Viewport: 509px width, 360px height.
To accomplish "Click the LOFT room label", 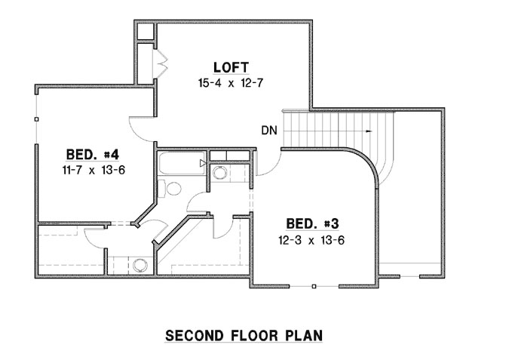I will pos(231,66).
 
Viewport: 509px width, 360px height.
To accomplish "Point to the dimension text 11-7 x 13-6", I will pos(94,171).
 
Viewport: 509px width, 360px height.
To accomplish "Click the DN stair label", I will pos(269,130).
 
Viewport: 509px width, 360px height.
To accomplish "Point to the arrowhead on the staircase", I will pos(369,131).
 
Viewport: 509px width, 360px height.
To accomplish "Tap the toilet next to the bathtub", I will pos(172,188).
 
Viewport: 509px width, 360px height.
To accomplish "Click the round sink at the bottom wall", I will pos(139,266).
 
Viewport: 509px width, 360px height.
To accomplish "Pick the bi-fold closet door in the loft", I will pos(160,63).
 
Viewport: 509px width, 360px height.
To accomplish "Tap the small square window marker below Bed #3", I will pos(314,286).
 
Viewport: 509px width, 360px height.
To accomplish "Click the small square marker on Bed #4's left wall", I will pos(35,118).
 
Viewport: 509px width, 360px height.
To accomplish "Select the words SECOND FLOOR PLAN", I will pos(244,334).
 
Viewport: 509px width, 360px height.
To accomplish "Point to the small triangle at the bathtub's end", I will pos(202,162).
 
